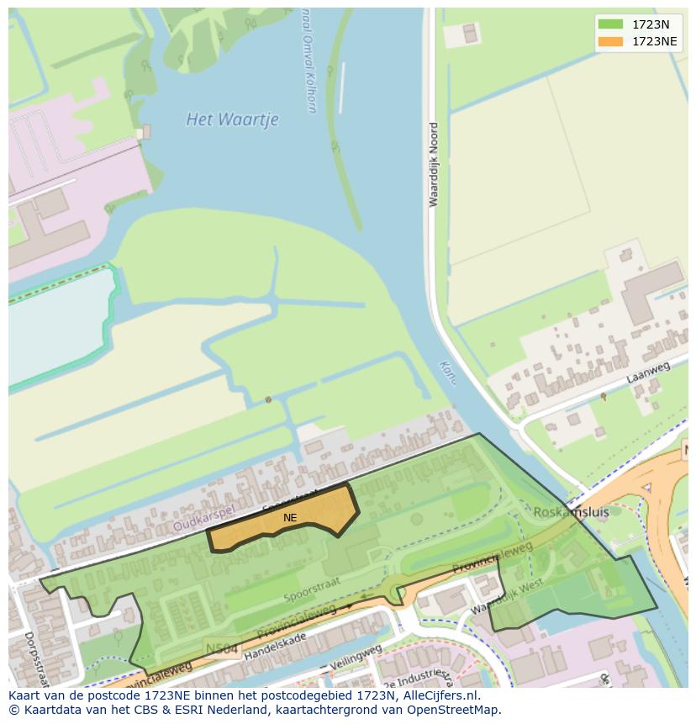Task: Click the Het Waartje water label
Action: point(232,119)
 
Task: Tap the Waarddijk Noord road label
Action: point(434,165)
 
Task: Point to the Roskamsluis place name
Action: point(571,511)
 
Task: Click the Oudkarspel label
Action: point(204,518)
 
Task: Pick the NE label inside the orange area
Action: point(290,518)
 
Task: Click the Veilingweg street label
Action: point(356,659)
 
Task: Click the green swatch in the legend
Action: point(611,24)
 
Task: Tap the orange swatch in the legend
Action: point(611,41)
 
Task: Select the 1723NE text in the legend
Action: point(655,41)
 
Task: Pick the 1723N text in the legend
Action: point(651,24)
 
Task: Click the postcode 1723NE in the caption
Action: point(150,696)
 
